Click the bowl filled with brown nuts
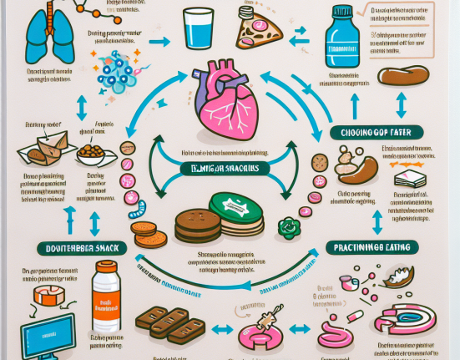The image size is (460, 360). [x=91, y=154]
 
